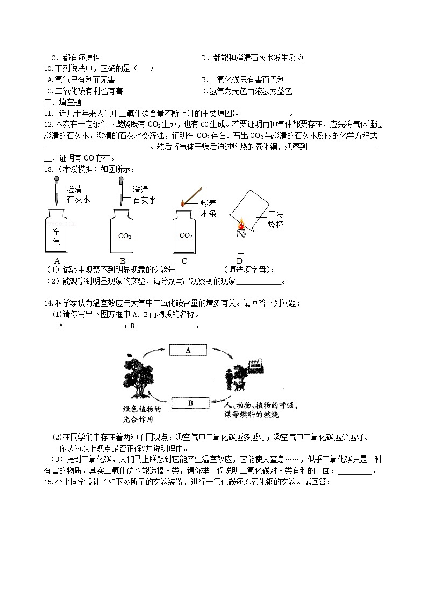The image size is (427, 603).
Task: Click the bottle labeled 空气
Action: point(58,233)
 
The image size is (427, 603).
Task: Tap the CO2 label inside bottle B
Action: point(124,236)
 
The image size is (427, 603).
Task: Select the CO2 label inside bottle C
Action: point(186,236)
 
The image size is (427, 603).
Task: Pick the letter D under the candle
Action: point(240,261)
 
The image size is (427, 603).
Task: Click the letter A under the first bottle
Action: point(57,261)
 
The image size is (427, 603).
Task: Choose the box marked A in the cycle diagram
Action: point(188,350)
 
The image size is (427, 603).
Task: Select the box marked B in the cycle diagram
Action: point(190,402)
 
